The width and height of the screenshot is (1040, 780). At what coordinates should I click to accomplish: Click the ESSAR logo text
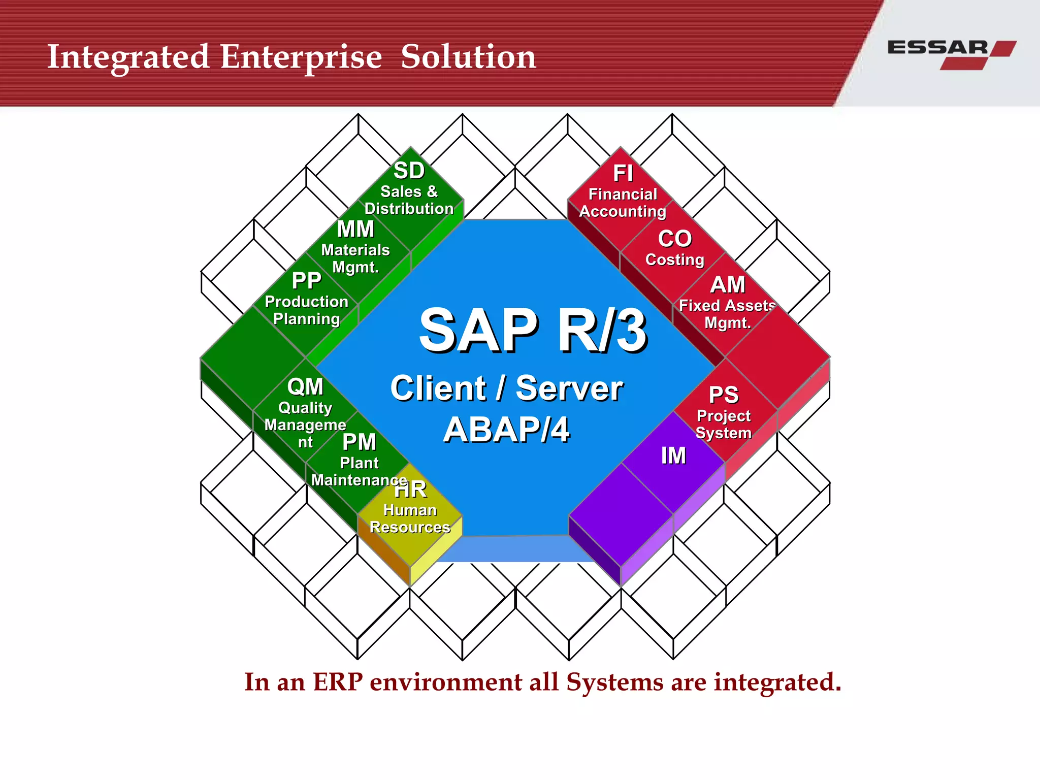937,48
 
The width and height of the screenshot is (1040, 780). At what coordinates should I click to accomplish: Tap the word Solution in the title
468,57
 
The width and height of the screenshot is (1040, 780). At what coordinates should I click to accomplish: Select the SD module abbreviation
409,171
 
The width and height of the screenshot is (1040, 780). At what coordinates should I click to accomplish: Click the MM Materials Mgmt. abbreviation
355,229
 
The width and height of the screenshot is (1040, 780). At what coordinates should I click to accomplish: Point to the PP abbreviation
306,281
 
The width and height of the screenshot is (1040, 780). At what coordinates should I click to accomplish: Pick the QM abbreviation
305,387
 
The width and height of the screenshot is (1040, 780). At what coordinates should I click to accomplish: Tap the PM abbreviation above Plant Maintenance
359,442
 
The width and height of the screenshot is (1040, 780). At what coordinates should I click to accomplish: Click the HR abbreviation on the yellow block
410,490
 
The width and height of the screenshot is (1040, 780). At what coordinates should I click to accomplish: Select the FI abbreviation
623,174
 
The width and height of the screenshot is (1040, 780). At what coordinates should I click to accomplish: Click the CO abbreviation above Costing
675,239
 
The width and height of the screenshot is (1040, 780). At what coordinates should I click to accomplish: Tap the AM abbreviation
727,285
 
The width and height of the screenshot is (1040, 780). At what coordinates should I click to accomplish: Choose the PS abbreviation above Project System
724,395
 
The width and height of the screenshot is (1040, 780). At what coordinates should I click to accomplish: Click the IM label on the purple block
673,456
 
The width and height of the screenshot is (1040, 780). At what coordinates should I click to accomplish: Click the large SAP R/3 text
533,331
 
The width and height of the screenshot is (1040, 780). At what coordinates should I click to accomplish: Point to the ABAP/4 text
506,430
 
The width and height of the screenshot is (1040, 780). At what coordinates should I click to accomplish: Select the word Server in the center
569,388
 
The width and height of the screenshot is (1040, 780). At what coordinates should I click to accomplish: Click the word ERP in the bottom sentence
338,682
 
